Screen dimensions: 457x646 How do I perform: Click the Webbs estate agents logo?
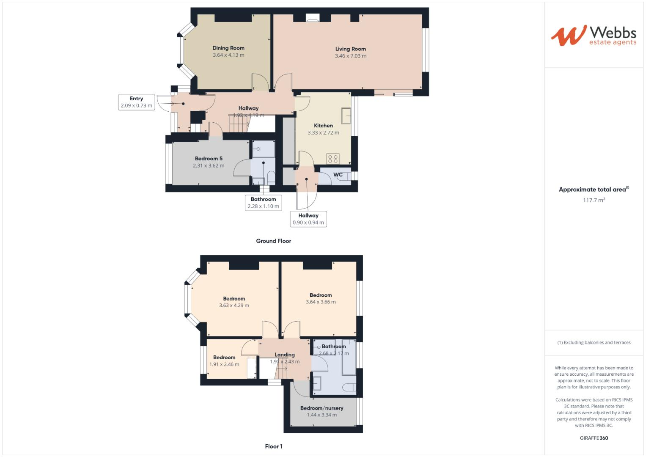tap(593, 36)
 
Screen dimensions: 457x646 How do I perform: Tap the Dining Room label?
tap(228, 48)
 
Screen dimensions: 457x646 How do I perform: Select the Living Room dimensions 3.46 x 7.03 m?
tap(350, 56)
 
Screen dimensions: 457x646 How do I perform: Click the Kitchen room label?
tap(323, 126)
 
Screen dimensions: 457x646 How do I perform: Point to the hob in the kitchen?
tap(333, 159)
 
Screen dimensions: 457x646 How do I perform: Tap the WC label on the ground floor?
tap(338, 175)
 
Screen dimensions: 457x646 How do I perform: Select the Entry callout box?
tap(136, 102)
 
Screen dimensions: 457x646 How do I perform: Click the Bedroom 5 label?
tap(209, 159)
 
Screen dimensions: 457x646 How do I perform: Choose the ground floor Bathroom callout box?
tap(263, 203)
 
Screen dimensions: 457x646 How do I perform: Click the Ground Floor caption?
tap(273, 241)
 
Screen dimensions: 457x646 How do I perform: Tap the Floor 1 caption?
tap(273, 446)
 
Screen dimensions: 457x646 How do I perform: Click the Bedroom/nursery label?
tap(322, 408)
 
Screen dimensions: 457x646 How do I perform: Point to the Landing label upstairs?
tap(285, 355)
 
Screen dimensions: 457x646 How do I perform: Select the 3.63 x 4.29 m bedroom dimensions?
tap(234, 306)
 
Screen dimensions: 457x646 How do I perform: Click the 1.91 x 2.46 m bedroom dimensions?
tap(224, 364)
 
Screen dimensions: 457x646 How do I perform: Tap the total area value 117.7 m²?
tap(594, 200)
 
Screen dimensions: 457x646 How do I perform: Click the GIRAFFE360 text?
tap(594, 438)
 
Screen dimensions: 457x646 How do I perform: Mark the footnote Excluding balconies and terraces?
tap(594, 342)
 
